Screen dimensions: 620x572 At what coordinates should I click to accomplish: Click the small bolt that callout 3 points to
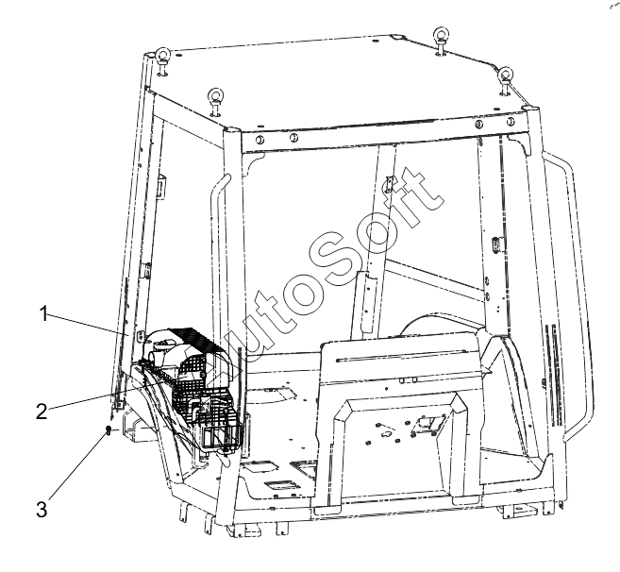point(109,431)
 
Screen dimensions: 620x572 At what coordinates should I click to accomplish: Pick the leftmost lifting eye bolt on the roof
point(163,59)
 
